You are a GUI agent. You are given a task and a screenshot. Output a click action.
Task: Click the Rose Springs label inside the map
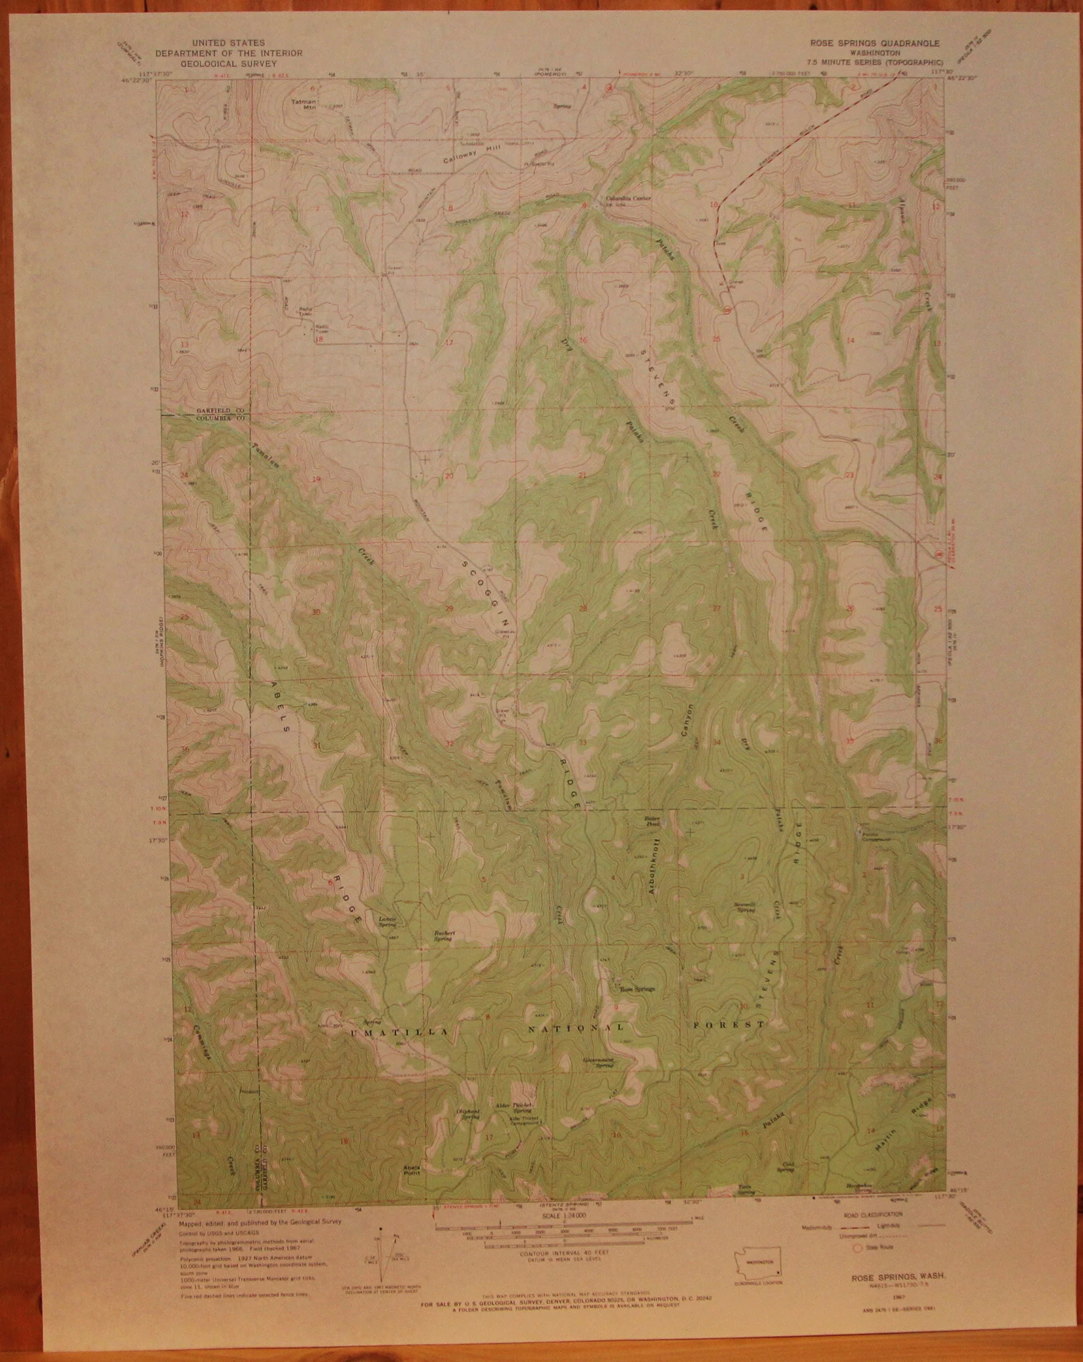click(636, 987)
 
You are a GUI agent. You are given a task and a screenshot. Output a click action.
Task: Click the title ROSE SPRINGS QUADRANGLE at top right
click(874, 42)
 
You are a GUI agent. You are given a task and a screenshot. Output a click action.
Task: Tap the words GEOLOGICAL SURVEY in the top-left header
click(228, 63)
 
